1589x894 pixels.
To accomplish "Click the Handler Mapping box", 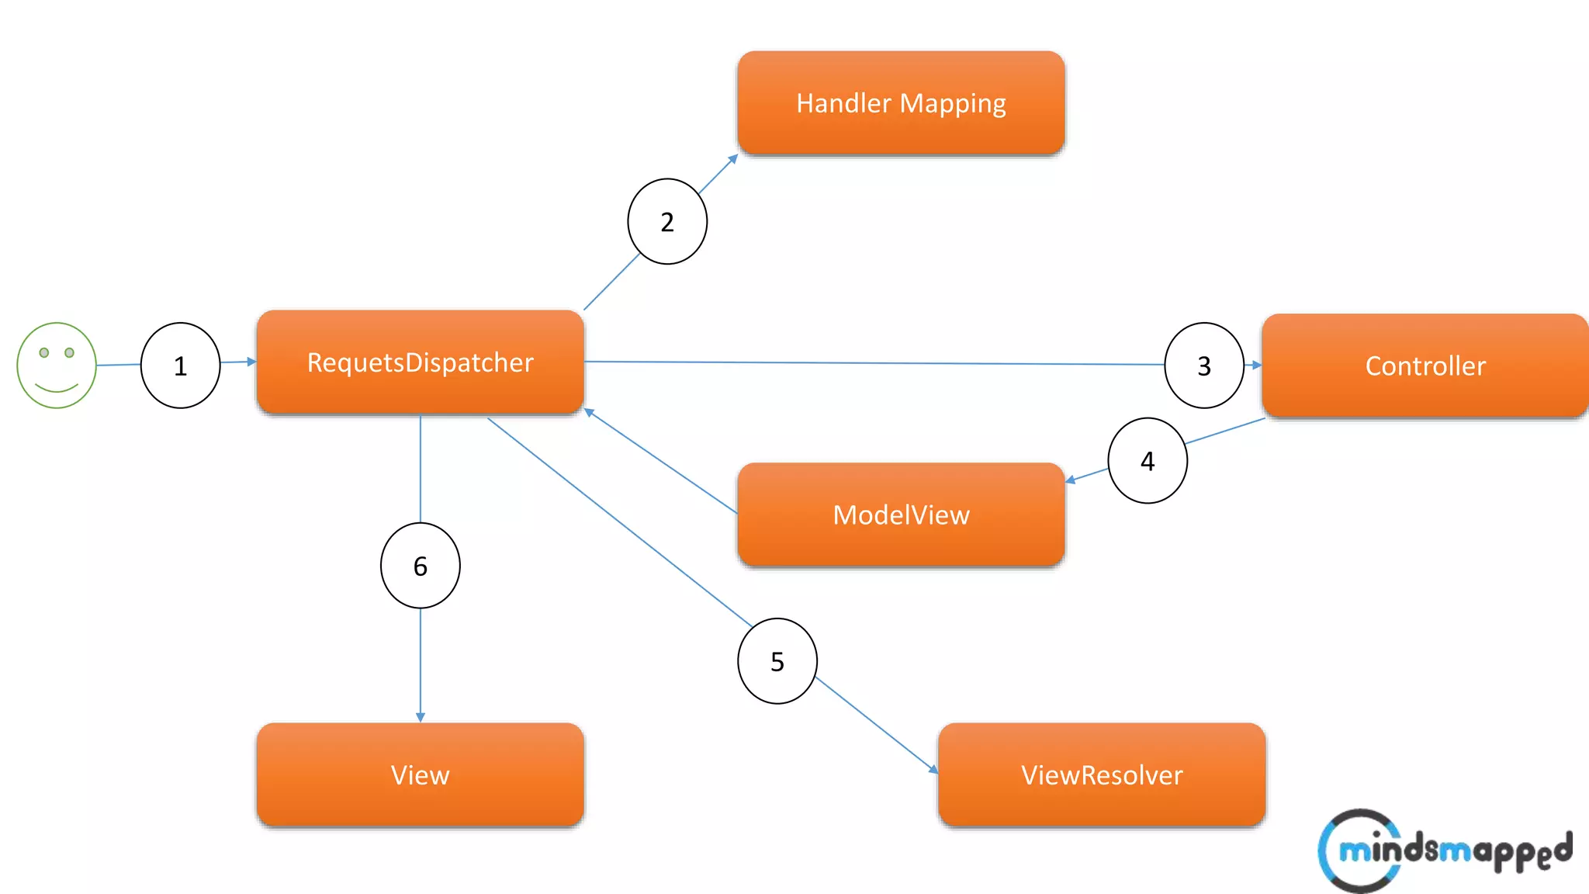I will coord(901,103).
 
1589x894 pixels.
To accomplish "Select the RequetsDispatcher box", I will coord(420,362).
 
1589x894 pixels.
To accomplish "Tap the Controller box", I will coord(1425,366).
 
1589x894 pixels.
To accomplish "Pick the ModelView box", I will coord(901,515).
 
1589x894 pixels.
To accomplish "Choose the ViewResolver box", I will coord(1102,774).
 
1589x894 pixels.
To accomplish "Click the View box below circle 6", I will coord(420,774).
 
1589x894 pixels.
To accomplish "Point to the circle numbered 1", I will coord(180,366).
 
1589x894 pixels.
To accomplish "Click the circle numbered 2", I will coord(667,222).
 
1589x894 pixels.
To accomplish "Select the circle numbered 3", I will coord(1204,366).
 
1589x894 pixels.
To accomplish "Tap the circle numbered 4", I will coord(1148,461).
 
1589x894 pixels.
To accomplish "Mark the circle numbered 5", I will coord(777,661).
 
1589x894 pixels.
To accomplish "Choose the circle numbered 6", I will coord(420,566).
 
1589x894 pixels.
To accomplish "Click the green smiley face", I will coord(57,366).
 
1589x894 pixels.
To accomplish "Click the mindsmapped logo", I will coord(1443,851).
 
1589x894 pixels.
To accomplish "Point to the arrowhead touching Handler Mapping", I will coord(733,158).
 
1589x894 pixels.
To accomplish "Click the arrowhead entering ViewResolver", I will coord(933,769).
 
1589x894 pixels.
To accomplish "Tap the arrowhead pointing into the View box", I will coord(420,717).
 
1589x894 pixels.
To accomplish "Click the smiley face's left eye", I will coord(44,352).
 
